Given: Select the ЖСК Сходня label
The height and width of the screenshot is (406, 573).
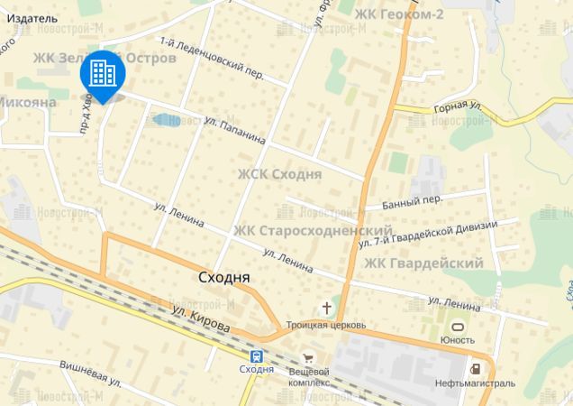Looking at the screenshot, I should [279, 174].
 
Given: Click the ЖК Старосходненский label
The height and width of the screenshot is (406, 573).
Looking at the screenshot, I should [313, 230].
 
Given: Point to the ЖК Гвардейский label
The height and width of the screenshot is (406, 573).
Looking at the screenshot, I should [423, 263].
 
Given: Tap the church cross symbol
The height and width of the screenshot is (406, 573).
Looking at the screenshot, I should [325, 307].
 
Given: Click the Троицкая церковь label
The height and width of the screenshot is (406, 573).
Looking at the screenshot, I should [325, 324].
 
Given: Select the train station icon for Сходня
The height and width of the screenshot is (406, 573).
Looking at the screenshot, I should [257, 355].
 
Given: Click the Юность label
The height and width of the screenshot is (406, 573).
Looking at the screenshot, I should [458, 339].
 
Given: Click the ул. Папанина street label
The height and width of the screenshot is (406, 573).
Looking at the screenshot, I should [235, 131].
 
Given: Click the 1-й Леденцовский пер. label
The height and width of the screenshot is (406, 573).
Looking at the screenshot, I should [211, 59].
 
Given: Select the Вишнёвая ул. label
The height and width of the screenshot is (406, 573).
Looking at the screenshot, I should [90, 373].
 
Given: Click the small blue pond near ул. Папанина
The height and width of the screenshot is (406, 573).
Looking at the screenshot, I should [165, 119].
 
